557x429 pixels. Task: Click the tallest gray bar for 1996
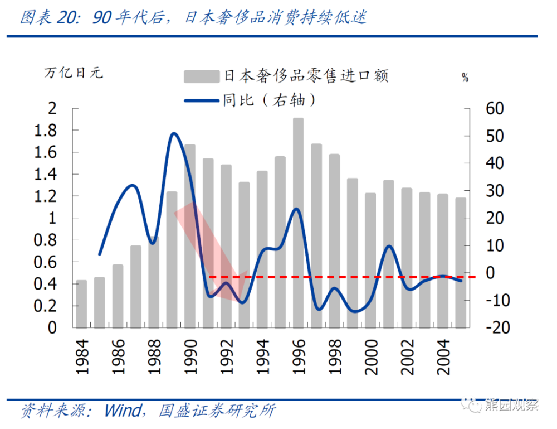(299, 223)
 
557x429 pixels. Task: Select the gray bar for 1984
(81, 304)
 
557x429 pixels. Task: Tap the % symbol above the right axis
(465, 78)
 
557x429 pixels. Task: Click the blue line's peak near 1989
(173, 133)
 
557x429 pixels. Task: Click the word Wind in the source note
(123, 412)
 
